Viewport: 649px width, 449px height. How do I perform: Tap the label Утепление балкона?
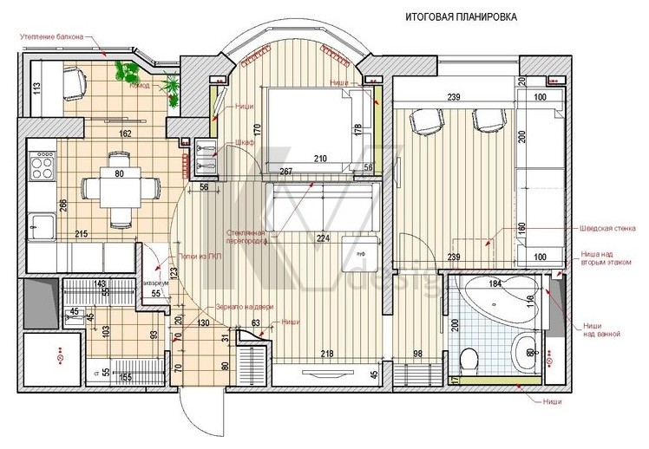(x=53, y=36)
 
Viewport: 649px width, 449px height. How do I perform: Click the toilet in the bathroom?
(x=470, y=357)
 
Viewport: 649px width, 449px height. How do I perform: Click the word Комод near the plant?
(x=139, y=86)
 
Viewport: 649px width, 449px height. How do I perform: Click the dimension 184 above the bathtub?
(x=496, y=283)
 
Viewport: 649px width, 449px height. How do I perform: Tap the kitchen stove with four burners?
(x=42, y=162)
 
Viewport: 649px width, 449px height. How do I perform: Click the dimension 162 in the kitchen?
(x=126, y=133)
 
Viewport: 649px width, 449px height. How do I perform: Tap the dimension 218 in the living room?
(x=325, y=353)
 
